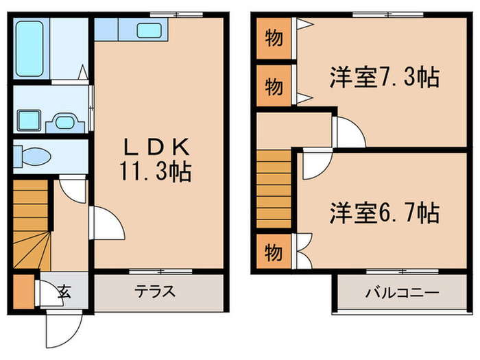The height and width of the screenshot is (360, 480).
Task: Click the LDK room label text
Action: (157, 145)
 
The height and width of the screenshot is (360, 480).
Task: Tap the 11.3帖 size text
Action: (157, 171)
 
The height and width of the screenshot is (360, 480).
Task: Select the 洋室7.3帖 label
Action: (384, 78)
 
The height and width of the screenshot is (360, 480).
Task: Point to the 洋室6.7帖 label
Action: (383, 213)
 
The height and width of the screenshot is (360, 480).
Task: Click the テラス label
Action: (154, 291)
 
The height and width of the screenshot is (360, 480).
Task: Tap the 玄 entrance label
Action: (64, 291)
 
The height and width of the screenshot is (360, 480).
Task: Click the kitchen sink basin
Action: (148, 30)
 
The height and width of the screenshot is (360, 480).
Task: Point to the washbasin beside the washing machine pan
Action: (64, 121)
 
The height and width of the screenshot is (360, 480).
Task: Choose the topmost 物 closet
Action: (273, 38)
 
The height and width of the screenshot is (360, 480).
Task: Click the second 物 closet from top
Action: (273, 86)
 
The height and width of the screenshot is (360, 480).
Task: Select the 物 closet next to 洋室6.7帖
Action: (273, 252)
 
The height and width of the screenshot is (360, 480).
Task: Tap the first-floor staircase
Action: (31, 223)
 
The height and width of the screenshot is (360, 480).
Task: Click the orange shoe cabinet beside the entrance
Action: (23, 291)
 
